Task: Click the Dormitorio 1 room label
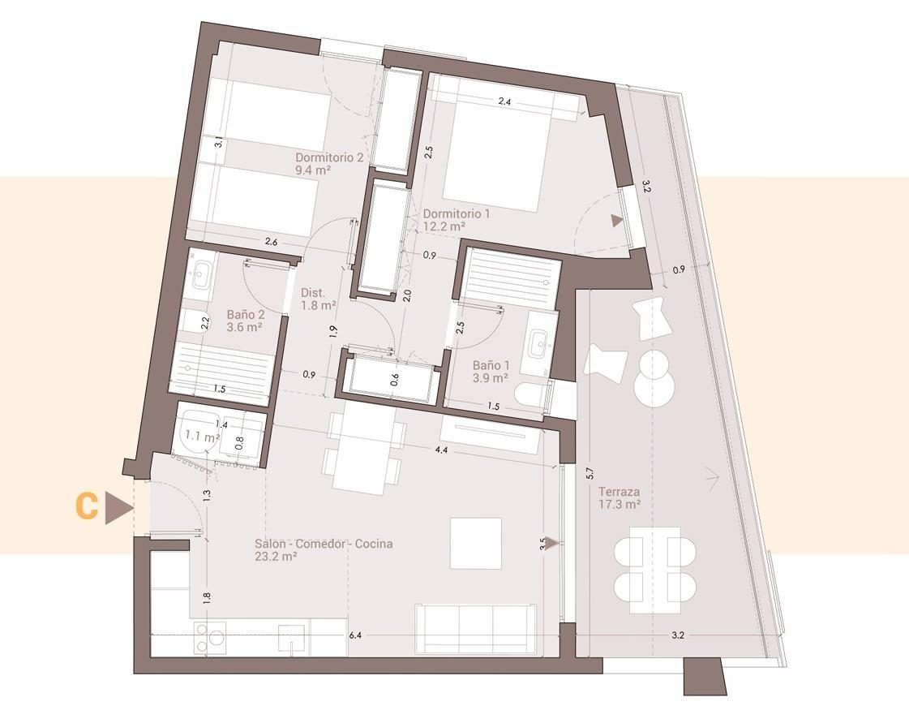click(x=457, y=220)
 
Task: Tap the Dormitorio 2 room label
click(x=329, y=163)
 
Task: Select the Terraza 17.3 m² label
click(x=620, y=497)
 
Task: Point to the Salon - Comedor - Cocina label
click(x=324, y=550)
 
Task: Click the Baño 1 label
click(x=491, y=372)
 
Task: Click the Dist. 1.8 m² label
click(x=318, y=299)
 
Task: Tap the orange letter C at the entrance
click(x=88, y=506)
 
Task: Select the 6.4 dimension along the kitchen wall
click(x=355, y=635)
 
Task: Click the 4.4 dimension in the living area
click(x=441, y=450)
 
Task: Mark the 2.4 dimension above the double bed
click(x=504, y=101)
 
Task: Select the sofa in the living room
click(x=475, y=630)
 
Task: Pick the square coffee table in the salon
click(x=476, y=544)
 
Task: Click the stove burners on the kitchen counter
click(x=210, y=639)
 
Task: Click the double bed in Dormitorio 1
click(x=495, y=153)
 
